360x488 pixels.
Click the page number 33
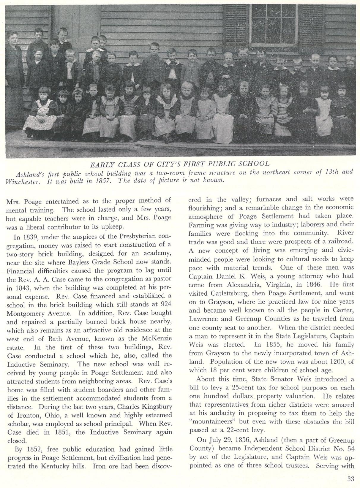[x=350, y=479]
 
